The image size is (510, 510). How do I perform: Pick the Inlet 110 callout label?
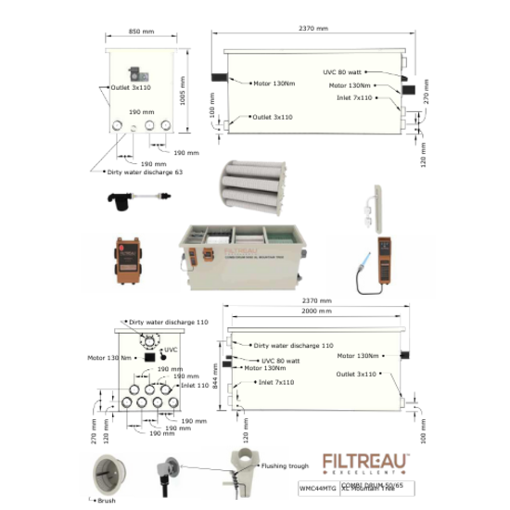click(197, 386)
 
